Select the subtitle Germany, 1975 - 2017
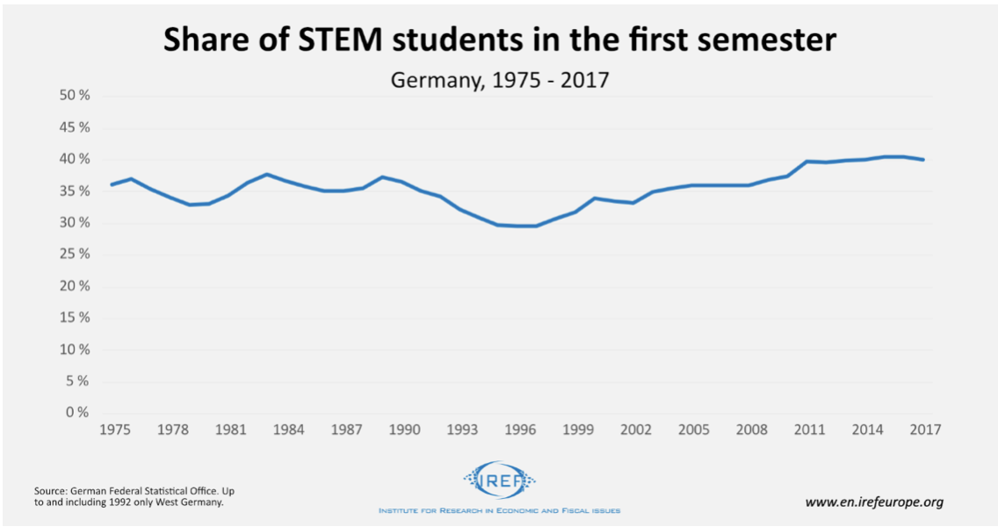(x=499, y=80)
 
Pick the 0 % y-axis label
(x=79, y=413)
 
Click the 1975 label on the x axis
(x=112, y=430)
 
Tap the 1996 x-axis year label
(x=520, y=430)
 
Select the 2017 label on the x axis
(x=925, y=430)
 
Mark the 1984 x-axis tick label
(x=287, y=430)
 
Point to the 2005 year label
(x=694, y=430)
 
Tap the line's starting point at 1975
(x=112, y=184)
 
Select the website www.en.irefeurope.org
(x=874, y=502)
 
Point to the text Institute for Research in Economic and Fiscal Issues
(x=499, y=510)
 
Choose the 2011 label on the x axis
(x=809, y=430)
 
